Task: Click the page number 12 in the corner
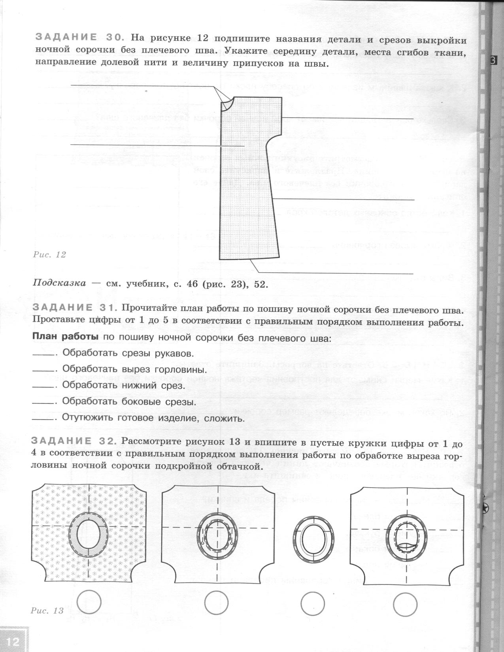[x=13, y=641]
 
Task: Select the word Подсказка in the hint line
[x=59, y=283]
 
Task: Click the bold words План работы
[x=65, y=337]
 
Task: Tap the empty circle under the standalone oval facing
[x=313, y=604]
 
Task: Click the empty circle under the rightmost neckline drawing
[x=406, y=603]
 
